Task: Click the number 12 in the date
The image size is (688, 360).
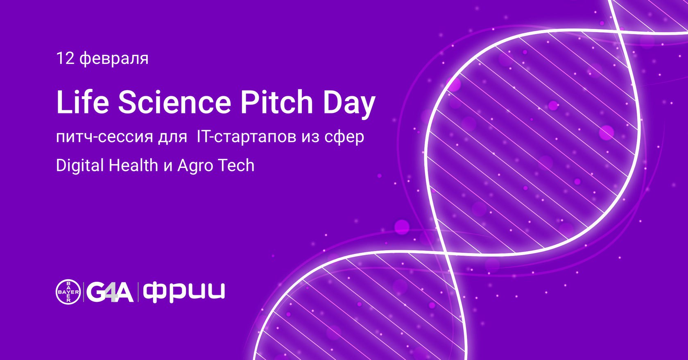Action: (66, 58)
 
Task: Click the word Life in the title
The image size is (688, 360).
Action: (83, 102)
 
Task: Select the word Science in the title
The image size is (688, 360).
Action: (174, 102)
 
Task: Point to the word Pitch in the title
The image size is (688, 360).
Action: (276, 102)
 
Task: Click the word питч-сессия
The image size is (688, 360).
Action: (104, 137)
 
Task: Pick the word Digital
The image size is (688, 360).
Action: (80, 166)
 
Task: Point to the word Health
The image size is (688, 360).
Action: (134, 165)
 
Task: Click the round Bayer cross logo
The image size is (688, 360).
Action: (68, 292)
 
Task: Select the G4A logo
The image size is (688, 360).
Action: (110, 292)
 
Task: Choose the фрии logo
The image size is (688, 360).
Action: (184, 292)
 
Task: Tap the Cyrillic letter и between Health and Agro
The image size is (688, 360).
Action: (168, 166)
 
